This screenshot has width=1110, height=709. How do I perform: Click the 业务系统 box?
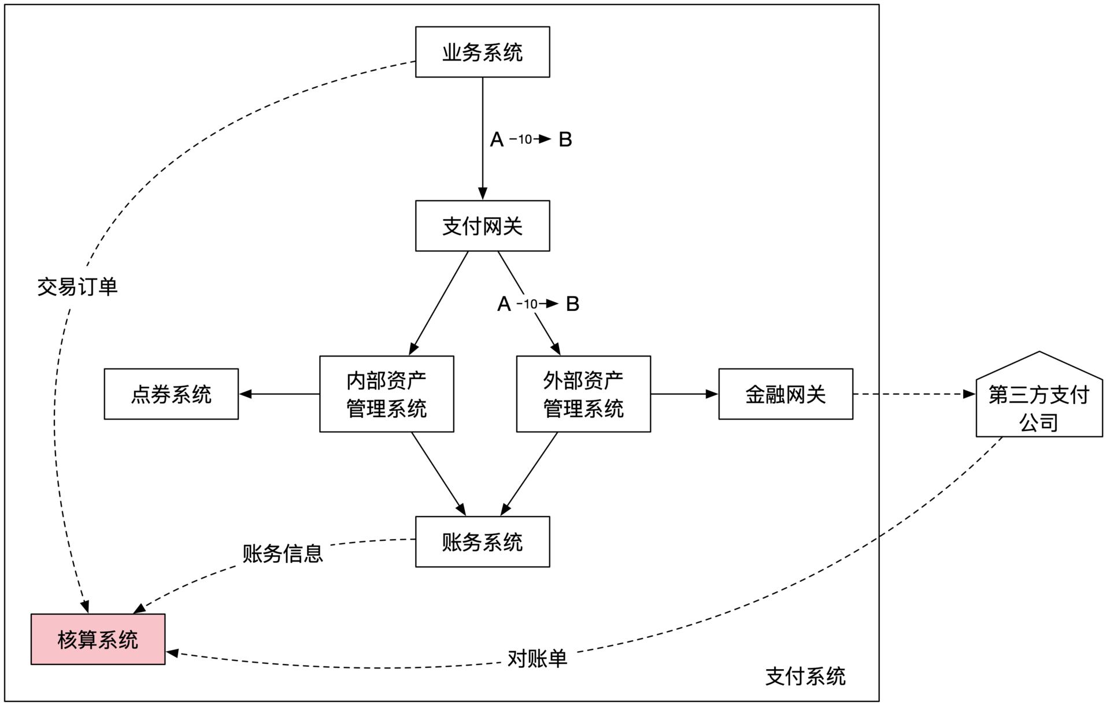[x=482, y=52]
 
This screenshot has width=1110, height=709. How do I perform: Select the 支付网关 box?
[x=482, y=226]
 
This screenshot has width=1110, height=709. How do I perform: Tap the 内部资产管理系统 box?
[x=386, y=394]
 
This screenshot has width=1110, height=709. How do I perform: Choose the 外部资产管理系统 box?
[x=583, y=394]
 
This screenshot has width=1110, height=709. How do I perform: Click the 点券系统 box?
[x=171, y=394]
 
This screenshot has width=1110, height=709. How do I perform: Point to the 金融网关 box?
[x=785, y=394]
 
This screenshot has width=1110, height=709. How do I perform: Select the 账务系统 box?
[x=482, y=541]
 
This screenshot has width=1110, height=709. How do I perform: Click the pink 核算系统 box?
[x=98, y=639]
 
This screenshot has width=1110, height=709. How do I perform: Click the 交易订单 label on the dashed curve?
[x=77, y=287]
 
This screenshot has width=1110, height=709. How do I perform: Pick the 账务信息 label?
[x=282, y=554]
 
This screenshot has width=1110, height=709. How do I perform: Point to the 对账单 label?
[x=537, y=659]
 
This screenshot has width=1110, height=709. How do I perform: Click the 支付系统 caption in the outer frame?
[x=805, y=676]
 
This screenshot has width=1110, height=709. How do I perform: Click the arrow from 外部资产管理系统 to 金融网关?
[x=684, y=394]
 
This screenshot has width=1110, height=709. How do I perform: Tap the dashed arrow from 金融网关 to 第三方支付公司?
[x=914, y=394]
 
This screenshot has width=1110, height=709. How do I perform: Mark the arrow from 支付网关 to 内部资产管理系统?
[x=439, y=303]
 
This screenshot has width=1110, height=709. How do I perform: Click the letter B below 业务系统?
[x=565, y=139]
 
